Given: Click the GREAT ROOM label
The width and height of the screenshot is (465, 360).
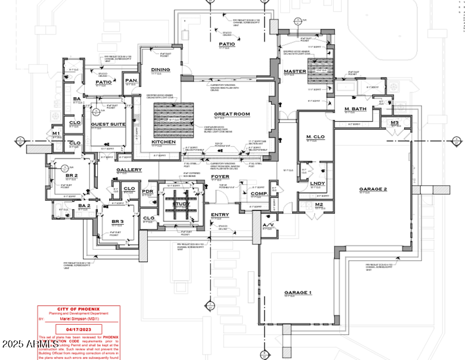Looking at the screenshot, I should tap(232, 114).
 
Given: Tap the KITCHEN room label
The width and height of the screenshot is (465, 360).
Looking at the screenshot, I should tap(163, 142).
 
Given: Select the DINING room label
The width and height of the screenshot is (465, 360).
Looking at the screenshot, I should tap(161, 70).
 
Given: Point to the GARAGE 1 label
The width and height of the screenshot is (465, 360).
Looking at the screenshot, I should tap(297, 293).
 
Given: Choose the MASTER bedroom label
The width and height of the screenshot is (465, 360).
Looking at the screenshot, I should tap(295, 72).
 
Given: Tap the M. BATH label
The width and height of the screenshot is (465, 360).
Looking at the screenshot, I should tap(355, 108).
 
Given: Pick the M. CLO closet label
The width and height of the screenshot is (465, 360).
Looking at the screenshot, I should tap(314, 138).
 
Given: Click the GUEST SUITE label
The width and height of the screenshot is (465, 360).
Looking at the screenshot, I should tap(107, 124).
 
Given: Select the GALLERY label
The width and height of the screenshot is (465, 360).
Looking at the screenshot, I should tap(129, 170).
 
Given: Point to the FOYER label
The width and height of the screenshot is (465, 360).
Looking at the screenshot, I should tap(219, 176).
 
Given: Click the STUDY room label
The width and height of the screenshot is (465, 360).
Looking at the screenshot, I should tap(181, 204).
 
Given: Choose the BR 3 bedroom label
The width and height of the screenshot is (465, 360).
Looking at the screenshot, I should tap(117, 222).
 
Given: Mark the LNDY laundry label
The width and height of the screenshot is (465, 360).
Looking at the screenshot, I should tap(317, 183).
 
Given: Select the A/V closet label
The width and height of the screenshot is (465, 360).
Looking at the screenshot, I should tap(268, 225).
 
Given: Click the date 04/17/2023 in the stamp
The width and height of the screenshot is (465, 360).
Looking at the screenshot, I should tap(78, 328).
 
